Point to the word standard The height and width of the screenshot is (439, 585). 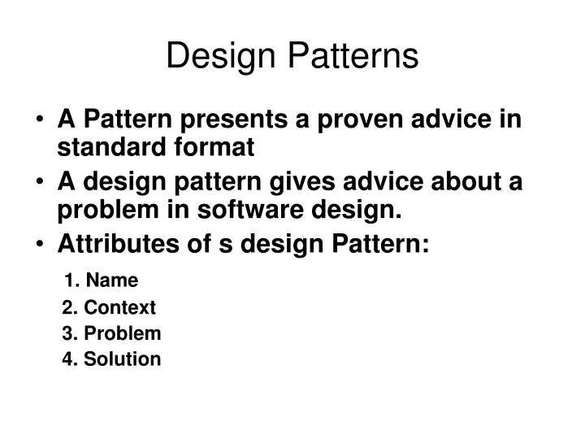pos(104,148)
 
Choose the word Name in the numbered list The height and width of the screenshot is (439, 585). pos(112,280)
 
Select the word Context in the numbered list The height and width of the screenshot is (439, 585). pos(119,307)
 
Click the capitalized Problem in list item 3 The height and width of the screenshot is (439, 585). pos(122,333)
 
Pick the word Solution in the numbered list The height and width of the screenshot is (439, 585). pos(122,359)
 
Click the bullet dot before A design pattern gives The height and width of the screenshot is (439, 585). pos(41,183)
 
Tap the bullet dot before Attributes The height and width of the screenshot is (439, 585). pos(41,245)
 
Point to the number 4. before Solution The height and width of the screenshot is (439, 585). pos(69,359)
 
